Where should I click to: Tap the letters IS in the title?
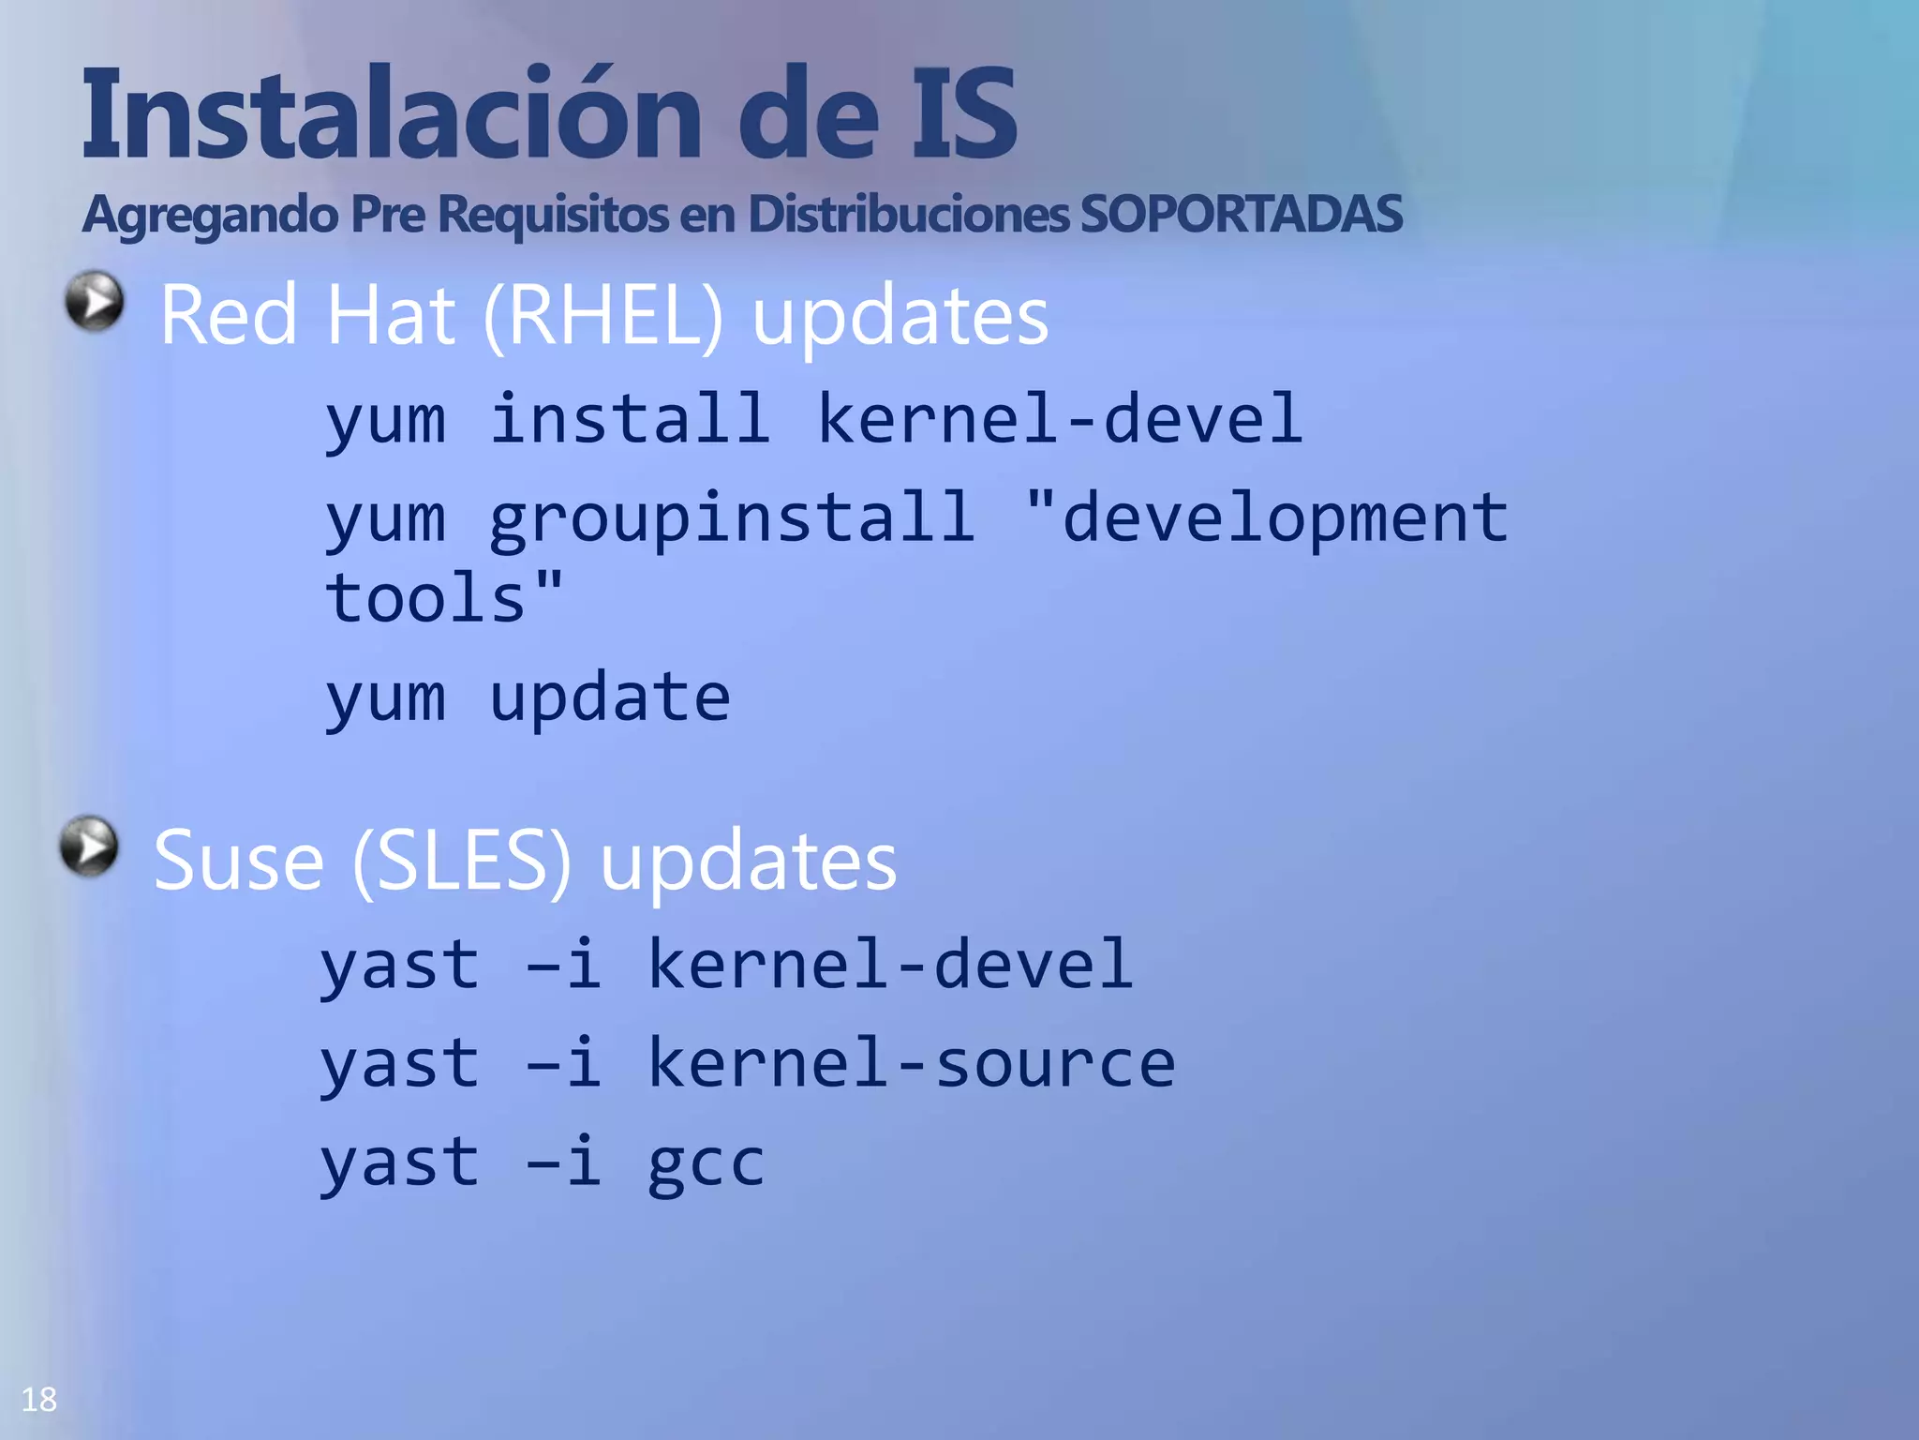[x=964, y=114]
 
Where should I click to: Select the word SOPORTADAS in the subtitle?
[x=1242, y=214]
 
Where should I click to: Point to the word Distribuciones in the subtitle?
[x=908, y=214]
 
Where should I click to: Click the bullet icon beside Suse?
[x=89, y=847]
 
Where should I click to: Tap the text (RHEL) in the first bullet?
[x=604, y=317]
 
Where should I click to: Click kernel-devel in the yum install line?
[x=1060, y=419]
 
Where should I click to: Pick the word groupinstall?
[x=732, y=518]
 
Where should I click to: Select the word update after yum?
[x=609, y=698]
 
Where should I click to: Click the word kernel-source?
[x=911, y=1063]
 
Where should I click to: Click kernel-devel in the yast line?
[x=890, y=965]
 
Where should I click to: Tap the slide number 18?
[x=39, y=1400]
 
